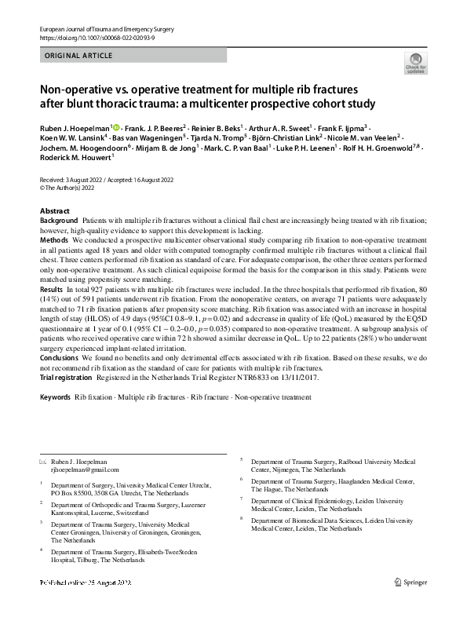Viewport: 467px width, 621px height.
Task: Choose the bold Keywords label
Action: (x=54, y=398)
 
